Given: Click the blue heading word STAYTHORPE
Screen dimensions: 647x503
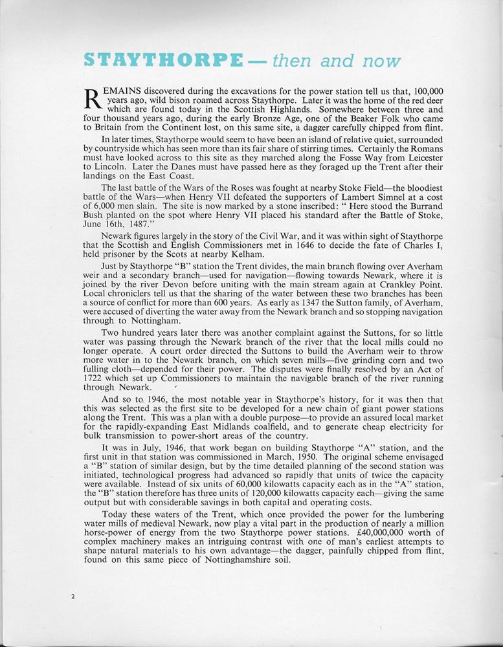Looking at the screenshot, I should [164, 61].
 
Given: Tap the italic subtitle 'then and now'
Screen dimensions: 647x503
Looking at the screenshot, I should [337, 61].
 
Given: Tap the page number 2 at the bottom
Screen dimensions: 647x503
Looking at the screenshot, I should [73, 597].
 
